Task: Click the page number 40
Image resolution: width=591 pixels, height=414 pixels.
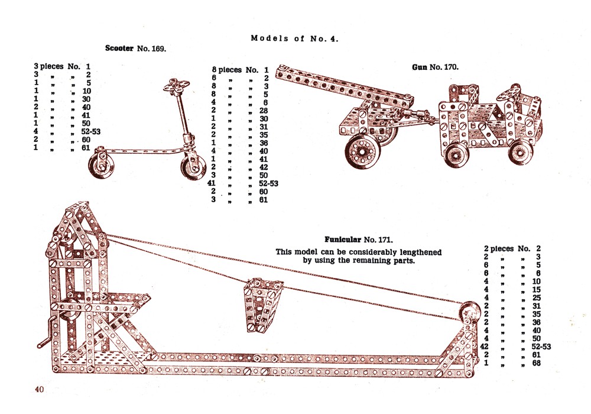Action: coord(40,389)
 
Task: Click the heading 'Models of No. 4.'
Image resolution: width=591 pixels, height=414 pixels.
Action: coord(294,38)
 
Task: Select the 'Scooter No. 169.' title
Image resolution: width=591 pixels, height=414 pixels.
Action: coord(135,48)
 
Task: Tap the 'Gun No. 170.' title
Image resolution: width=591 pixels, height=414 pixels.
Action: coord(435,67)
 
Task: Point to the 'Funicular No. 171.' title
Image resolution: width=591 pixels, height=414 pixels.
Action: coord(359,240)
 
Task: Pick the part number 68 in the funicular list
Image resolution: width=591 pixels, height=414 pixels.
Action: coord(537,363)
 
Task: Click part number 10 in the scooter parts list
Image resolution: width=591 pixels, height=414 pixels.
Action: coord(87,91)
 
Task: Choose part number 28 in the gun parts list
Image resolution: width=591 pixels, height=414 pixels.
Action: coord(264,111)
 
